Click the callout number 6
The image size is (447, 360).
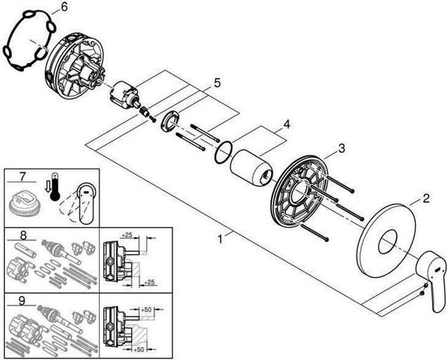tap(65, 7)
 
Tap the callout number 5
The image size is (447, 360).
tap(217, 83)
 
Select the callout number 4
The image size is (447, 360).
tap(287, 124)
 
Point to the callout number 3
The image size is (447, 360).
tap(342, 148)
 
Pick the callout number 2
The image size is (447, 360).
tap(426, 198)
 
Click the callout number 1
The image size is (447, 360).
tap(219, 239)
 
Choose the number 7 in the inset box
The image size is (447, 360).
tap(22, 176)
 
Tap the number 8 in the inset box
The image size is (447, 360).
tap(23, 236)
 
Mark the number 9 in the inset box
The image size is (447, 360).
tap(22, 301)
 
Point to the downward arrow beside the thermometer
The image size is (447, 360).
tap(47, 188)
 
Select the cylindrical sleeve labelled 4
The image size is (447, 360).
tap(251, 167)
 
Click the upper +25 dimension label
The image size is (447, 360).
tap(127, 235)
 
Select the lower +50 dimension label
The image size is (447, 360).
tap(138, 349)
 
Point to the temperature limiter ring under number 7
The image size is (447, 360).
tap(25, 203)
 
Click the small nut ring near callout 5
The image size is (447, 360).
tap(170, 121)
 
